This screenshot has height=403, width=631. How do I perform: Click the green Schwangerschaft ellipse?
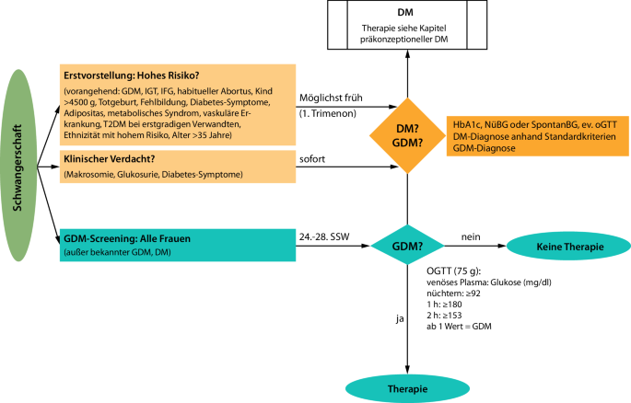pos(19,165)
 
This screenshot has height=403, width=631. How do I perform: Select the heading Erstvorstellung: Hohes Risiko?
pos(132,75)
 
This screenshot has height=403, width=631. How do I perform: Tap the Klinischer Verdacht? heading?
pos(109,158)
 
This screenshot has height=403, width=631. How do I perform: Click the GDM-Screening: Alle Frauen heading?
pos(127,238)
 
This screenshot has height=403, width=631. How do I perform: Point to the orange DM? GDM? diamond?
pos(408,136)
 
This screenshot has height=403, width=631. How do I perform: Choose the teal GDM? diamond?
pos(407,246)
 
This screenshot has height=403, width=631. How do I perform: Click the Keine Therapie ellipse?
pos(569,247)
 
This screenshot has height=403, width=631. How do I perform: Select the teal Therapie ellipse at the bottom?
pos(407,388)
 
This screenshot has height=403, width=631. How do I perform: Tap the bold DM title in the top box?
pos(405,13)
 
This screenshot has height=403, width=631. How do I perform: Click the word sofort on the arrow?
pos(312,159)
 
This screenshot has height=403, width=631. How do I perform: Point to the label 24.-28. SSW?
pos(324,236)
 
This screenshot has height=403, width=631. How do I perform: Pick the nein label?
pos(471,236)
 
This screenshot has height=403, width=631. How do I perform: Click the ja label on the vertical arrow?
pos(400,319)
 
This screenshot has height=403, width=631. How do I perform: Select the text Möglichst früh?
pos(331,98)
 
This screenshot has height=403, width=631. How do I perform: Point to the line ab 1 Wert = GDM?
pos(459,327)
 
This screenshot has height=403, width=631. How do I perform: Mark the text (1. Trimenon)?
pos(328,113)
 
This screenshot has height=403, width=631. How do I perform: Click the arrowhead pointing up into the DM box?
pos(408,54)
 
